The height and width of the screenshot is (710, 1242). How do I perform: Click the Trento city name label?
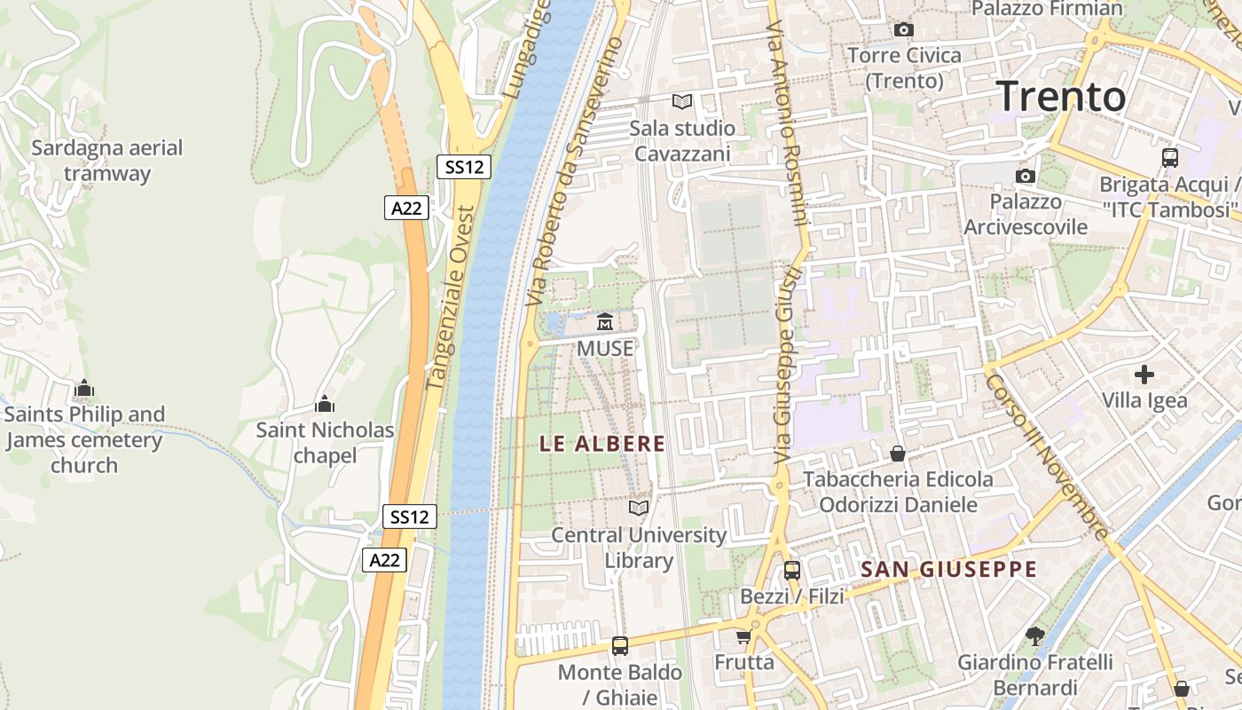(1061, 96)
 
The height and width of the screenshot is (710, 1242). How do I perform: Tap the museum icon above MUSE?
(605, 321)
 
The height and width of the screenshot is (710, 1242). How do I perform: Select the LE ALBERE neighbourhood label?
(602, 444)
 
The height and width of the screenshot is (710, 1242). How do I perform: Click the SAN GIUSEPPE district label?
(948, 570)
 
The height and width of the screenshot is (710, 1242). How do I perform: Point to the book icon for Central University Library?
(639, 509)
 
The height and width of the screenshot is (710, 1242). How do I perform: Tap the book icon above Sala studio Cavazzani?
(681, 102)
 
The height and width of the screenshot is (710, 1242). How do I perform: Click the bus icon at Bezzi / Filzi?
(791, 571)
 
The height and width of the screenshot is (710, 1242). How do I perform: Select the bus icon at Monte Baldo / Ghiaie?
(619, 646)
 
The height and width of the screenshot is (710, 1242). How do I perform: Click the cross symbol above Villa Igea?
(1144, 375)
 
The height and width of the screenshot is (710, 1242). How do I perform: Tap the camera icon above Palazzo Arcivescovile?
(1026, 176)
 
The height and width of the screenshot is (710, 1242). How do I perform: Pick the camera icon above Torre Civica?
(904, 29)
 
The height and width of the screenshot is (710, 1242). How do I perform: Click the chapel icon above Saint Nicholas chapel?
(325, 405)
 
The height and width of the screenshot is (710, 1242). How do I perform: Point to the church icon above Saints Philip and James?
(84, 388)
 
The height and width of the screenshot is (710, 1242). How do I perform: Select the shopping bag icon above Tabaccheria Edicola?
(898, 454)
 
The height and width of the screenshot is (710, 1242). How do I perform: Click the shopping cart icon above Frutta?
(743, 636)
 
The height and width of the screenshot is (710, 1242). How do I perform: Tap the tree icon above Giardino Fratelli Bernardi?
(1034, 635)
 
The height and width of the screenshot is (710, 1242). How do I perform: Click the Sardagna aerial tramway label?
(106, 161)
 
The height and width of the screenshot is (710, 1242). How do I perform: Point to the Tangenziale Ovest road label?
(451, 297)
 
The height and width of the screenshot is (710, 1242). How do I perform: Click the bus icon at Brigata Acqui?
(1170, 158)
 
